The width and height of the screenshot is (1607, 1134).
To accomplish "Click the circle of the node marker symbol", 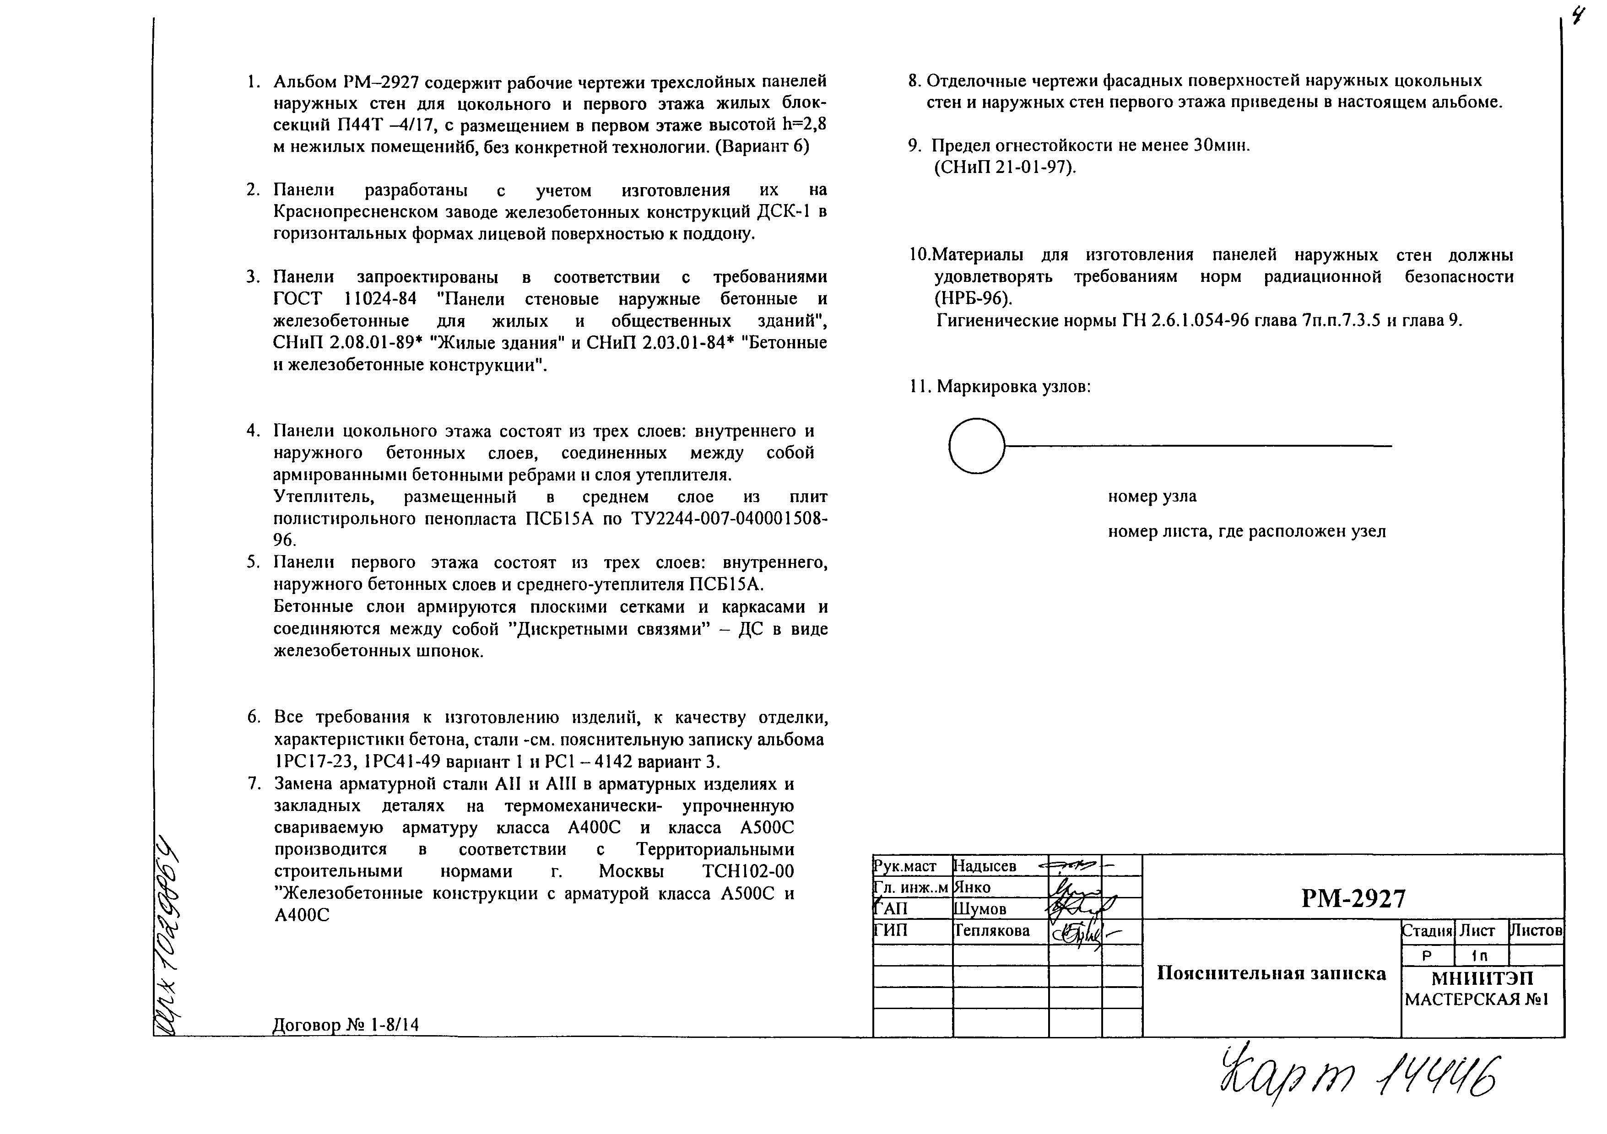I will pyautogui.click(x=976, y=446).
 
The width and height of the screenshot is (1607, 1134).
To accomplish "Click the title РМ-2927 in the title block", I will pyautogui.click(x=1353, y=898).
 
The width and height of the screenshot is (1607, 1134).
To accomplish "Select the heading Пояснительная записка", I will pyautogui.click(x=1271, y=974).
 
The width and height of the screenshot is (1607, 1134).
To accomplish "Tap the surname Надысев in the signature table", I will pyautogui.click(x=985, y=866).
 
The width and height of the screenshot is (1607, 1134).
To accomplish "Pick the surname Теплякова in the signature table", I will pyautogui.click(x=992, y=930).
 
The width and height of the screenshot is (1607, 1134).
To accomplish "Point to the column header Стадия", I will pyautogui.click(x=1427, y=931).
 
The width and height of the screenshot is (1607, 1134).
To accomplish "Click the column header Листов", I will pyautogui.click(x=1536, y=930).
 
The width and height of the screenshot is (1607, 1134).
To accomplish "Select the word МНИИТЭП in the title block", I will pyautogui.click(x=1482, y=978).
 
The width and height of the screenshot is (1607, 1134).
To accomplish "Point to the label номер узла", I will pyautogui.click(x=1152, y=497).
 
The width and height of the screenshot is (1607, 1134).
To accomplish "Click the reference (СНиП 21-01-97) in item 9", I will pyautogui.click(x=1005, y=168).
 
